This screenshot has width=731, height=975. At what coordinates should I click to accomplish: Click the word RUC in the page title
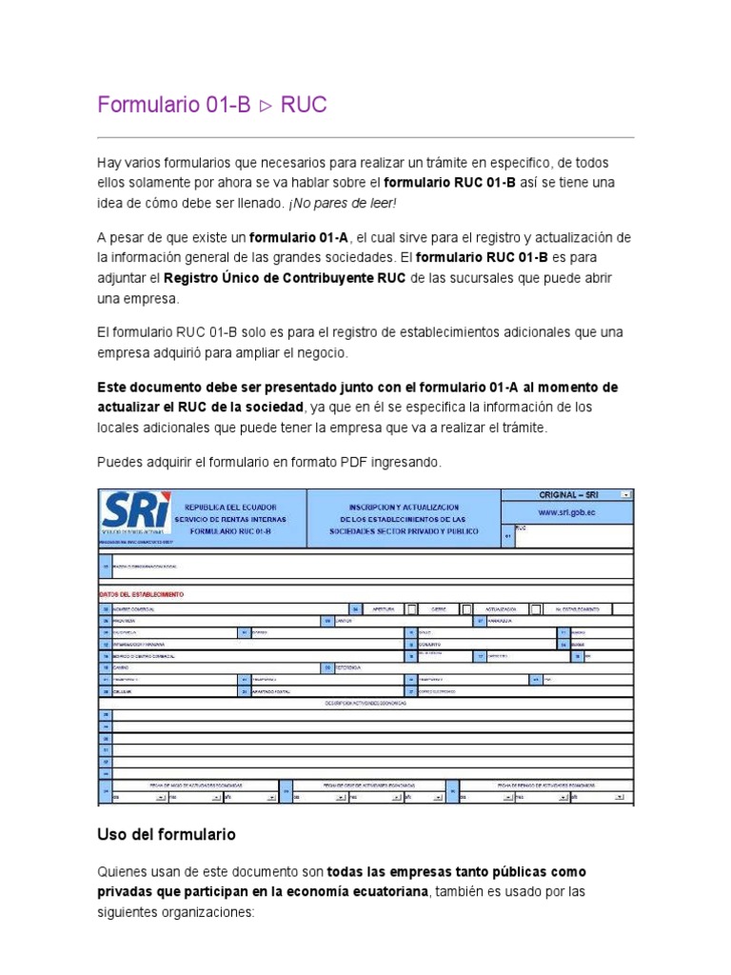click(304, 105)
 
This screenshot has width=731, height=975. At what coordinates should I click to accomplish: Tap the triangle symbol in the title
click(265, 106)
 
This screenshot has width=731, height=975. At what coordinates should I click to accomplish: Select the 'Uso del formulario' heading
click(167, 834)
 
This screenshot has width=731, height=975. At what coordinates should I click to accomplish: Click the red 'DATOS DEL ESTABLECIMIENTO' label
click(142, 593)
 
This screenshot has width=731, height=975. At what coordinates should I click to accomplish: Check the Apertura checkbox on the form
click(412, 608)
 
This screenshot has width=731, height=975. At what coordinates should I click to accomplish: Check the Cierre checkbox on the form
click(466, 608)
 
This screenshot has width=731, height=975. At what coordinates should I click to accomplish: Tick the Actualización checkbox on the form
click(536, 608)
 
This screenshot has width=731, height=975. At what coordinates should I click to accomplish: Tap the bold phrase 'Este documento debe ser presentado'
click(225, 388)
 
